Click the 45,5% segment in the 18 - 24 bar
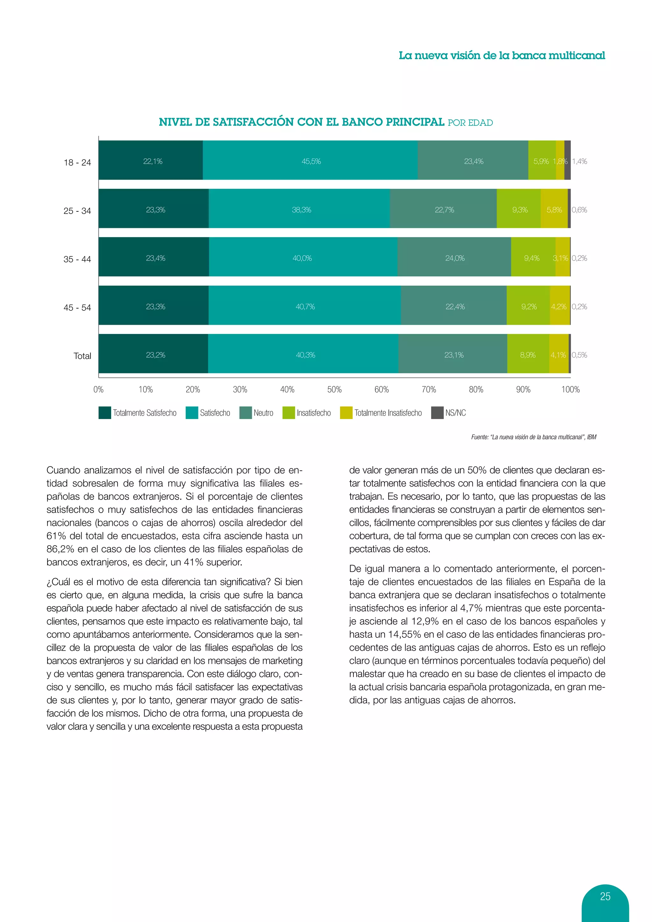coord(311,161)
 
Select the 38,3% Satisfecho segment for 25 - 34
coord(301,209)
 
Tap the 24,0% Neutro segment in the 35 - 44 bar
coord(455,258)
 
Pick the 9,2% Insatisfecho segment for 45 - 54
coord(528,306)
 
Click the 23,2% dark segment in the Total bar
coord(155,354)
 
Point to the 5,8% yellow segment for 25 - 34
coord(554,209)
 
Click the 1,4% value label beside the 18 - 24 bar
coord(579,161)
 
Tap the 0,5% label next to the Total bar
coord(579,355)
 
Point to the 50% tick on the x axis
coord(334,389)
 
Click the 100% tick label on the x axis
coord(570,389)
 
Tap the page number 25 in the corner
coord(605,896)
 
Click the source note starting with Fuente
coord(533,437)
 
